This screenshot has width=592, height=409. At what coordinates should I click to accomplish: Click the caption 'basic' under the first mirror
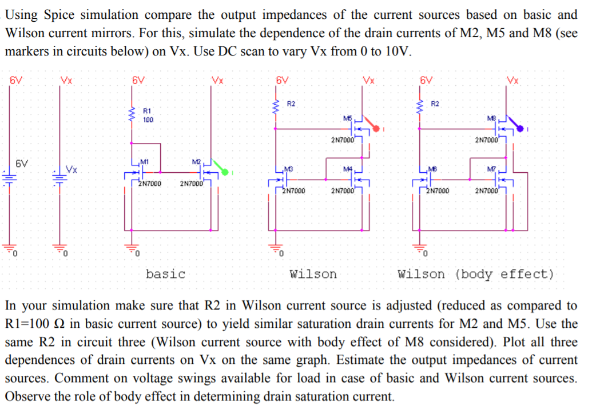(x=165, y=274)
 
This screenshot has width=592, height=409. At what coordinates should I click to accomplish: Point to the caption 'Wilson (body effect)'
(x=476, y=274)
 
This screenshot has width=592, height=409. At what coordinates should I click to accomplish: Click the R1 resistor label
(x=147, y=110)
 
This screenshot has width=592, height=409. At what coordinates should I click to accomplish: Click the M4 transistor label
(x=347, y=168)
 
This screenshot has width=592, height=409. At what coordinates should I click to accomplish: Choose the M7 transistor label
(x=490, y=168)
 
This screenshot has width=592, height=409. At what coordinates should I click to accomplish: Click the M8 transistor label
(x=491, y=118)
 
